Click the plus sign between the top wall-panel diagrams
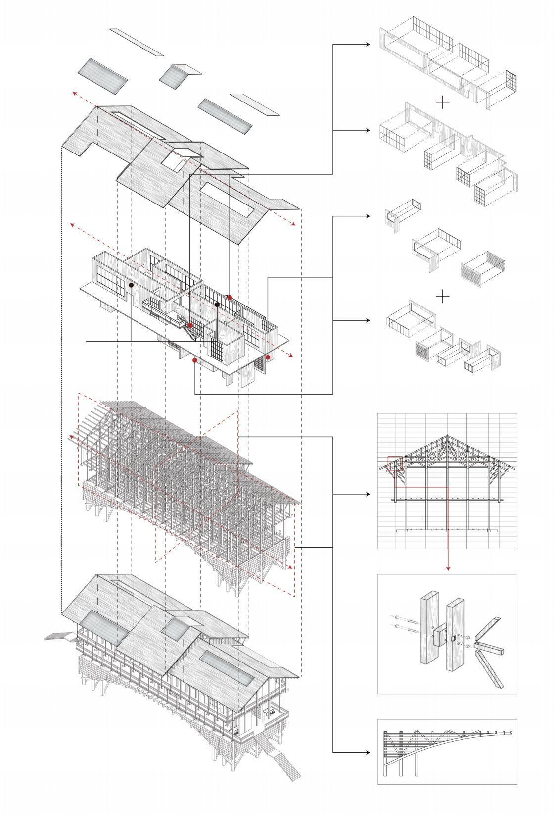coord(443,102)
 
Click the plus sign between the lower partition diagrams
coord(443,297)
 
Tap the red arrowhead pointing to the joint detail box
coord(448,568)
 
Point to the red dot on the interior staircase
coord(190,325)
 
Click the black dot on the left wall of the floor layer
coord(131,285)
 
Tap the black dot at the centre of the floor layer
coord(217,305)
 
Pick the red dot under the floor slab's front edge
coord(195,360)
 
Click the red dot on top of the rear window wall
coord(230,297)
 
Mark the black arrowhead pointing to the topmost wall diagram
coord(368,44)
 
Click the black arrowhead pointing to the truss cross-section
coord(368,494)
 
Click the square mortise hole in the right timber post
coord(452,638)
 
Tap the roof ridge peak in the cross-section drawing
coord(447,437)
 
